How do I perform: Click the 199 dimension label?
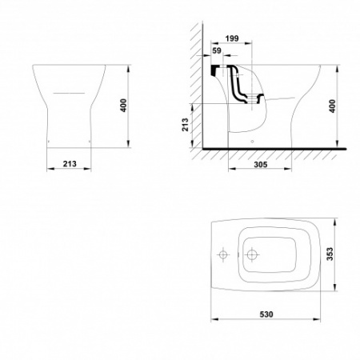232,38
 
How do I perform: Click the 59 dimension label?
217,50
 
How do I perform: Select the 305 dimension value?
260,165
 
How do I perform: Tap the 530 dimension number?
266,314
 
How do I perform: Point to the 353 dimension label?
330,254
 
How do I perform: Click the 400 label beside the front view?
123,106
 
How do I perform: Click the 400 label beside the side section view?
332,106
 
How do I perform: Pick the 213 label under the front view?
70,164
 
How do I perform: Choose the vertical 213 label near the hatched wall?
185,125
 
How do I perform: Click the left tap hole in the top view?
222,254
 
